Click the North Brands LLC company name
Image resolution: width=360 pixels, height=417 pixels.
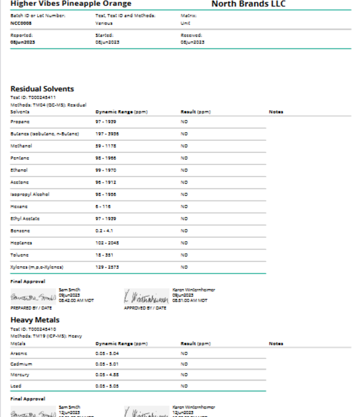(x=248, y=4)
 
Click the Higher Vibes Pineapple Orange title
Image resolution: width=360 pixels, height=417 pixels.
(x=71, y=4)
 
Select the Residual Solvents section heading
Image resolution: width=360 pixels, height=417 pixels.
(x=42, y=89)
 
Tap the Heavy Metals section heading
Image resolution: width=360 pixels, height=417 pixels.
(x=35, y=320)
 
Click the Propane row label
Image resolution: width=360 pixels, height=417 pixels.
(x=20, y=122)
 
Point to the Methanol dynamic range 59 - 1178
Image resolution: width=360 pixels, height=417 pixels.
(x=106, y=146)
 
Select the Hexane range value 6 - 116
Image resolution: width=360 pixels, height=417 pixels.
(x=104, y=206)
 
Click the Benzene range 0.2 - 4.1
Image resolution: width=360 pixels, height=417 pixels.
(x=104, y=231)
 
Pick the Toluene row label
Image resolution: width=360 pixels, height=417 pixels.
(x=20, y=254)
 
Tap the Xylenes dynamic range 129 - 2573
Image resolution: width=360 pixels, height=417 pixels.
(x=107, y=267)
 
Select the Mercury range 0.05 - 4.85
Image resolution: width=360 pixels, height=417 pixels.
(x=107, y=375)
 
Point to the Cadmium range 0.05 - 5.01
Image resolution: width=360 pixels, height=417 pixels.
(x=107, y=363)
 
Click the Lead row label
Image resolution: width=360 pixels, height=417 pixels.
(x=17, y=385)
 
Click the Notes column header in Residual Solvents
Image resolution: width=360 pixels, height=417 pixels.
(x=276, y=111)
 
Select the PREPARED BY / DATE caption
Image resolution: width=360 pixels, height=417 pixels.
(x=30, y=308)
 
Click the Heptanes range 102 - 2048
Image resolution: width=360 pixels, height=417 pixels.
(x=107, y=242)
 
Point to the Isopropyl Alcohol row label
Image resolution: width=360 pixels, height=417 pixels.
(x=30, y=194)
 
